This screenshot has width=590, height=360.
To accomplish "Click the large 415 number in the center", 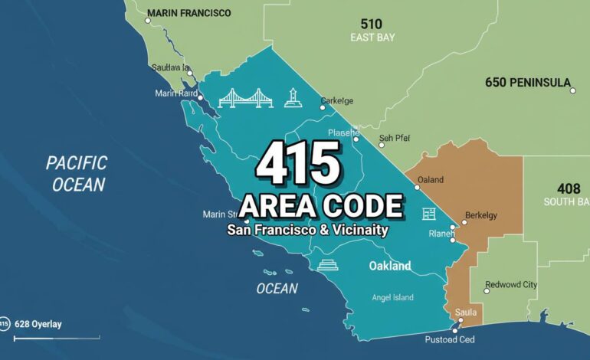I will pyautogui.click(x=298, y=163).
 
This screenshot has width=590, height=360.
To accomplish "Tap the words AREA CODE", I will pyautogui.click(x=321, y=205).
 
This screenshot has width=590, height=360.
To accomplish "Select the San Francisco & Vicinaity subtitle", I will pyautogui.click(x=307, y=229).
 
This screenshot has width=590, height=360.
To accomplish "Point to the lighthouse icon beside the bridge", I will pyautogui.click(x=290, y=97).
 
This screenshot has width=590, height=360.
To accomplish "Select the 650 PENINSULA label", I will pyautogui.click(x=528, y=82).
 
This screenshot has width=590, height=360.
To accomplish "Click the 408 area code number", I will pyautogui.click(x=569, y=188).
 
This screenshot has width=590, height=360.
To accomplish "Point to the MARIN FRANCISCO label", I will pyautogui.click(x=188, y=13).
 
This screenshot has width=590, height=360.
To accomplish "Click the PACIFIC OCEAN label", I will pyautogui.click(x=75, y=173).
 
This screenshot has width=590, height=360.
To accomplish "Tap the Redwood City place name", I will pyautogui.click(x=511, y=284).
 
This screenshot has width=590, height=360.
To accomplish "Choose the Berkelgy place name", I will pyautogui.click(x=481, y=215).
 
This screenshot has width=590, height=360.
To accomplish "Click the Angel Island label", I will pyautogui.click(x=392, y=297).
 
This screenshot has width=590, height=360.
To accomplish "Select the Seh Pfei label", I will pyautogui.click(x=395, y=138).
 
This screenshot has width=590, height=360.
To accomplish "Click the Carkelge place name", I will pyautogui.click(x=336, y=100).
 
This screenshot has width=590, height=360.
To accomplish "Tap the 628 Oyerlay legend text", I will pyautogui.click(x=38, y=324).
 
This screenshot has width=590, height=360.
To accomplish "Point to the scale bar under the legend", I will pyautogui.click(x=51, y=338).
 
